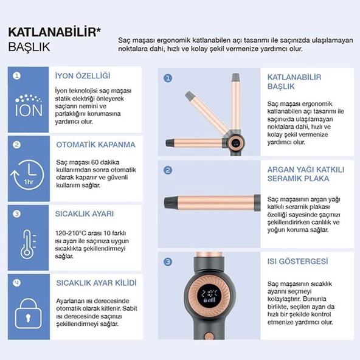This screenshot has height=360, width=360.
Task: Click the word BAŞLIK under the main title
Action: point(30,47)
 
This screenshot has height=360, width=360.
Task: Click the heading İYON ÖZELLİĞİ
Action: point(83,76)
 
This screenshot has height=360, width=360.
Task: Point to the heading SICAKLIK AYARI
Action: point(85,213)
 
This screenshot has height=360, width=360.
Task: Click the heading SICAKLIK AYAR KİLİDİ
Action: point(96,283)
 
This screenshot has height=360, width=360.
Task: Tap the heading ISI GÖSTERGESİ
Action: point(298,261)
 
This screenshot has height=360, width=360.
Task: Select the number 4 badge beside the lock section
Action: point(16,283)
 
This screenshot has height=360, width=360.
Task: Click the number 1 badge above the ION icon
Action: point(16,76)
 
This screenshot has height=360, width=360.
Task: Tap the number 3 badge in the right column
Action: point(168,261)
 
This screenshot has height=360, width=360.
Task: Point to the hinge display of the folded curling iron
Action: point(235,144)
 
